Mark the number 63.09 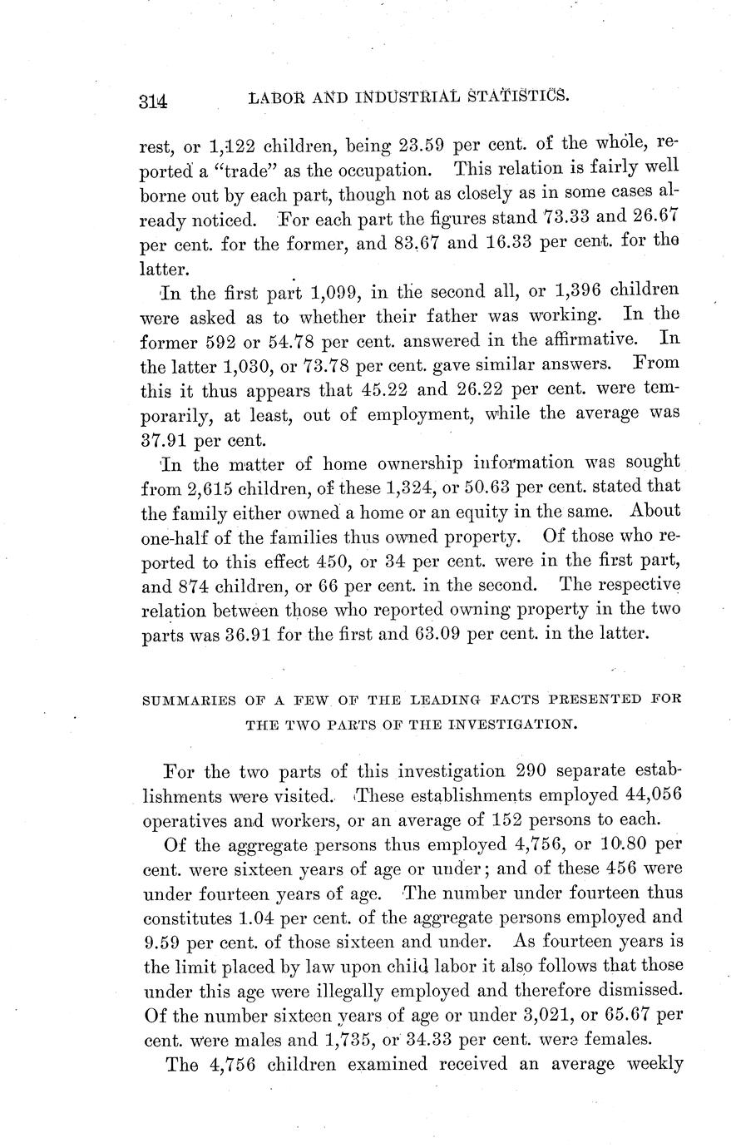458,633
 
